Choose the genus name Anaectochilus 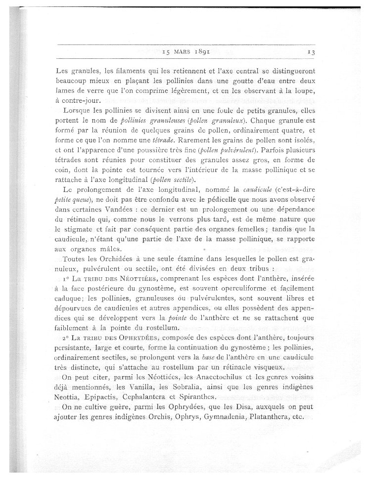tap(219, 378)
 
